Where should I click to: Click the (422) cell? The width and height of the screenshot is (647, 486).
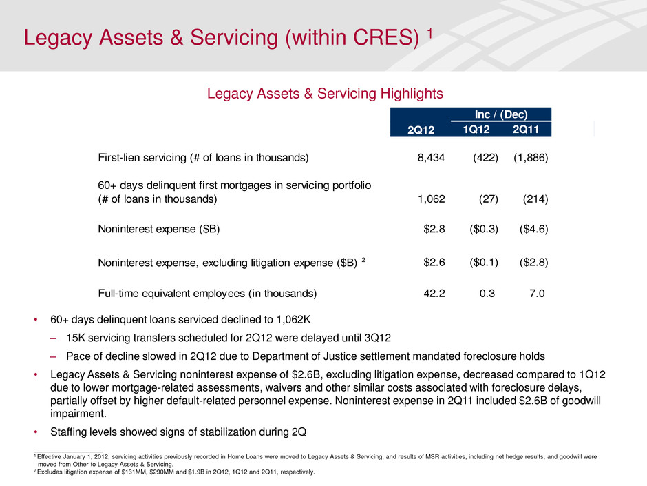(483, 158)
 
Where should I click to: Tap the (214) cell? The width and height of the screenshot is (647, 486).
(533, 200)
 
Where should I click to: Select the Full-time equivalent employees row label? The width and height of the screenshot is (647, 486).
(207, 293)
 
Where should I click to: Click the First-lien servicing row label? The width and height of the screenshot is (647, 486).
(203, 158)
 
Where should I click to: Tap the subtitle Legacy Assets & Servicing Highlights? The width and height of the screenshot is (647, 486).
(326, 92)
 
